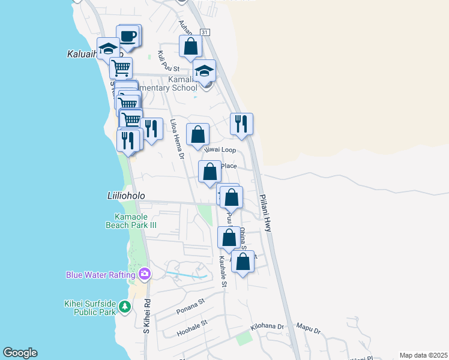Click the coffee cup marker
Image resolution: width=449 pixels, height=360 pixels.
point(129,37)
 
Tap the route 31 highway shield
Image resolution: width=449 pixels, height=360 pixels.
point(205,32)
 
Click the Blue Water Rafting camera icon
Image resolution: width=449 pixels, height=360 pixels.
point(144,275)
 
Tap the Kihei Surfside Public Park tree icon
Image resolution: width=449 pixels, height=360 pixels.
point(124,307)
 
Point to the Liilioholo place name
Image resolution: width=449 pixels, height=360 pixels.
point(122,196)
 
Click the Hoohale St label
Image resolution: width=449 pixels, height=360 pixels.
point(192,328)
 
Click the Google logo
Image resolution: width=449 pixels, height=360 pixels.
point(20,353)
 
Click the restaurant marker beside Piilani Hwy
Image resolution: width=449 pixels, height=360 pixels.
point(241,124)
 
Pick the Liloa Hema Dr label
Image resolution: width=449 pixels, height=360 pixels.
point(176,139)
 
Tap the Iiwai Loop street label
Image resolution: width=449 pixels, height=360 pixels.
point(219,149)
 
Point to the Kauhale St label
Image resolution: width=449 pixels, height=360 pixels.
point(223,271)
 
